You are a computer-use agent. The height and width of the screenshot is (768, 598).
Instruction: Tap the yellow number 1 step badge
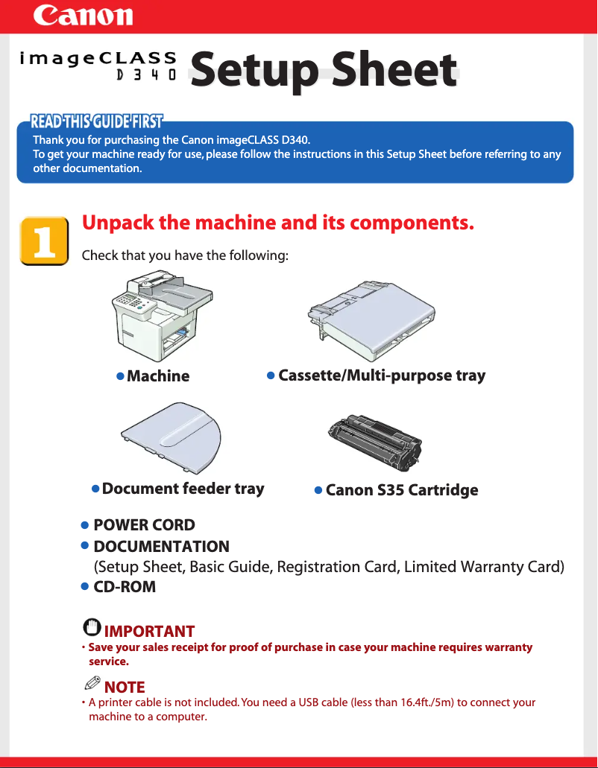[44, 241]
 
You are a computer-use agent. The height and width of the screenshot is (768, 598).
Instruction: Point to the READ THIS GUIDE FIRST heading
[97, 121]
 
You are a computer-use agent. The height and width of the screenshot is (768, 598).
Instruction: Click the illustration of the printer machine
[163, 316]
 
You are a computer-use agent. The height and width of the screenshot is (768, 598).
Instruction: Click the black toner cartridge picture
[375, 442]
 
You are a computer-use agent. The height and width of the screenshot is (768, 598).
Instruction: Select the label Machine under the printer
[158, 376]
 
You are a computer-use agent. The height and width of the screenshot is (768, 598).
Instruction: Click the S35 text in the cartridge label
[390, 490]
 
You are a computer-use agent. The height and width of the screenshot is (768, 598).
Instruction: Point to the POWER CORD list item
[144, 525]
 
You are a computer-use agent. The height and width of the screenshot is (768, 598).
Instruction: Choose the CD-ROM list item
[125, 587]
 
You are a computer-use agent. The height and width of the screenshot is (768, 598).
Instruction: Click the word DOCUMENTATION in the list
[161, 547]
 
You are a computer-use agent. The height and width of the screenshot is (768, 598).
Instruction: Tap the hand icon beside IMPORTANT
[92, 627]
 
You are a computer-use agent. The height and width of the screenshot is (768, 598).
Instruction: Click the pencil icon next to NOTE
[92, 683]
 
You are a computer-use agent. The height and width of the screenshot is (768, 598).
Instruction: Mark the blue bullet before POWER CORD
[85, 526]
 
